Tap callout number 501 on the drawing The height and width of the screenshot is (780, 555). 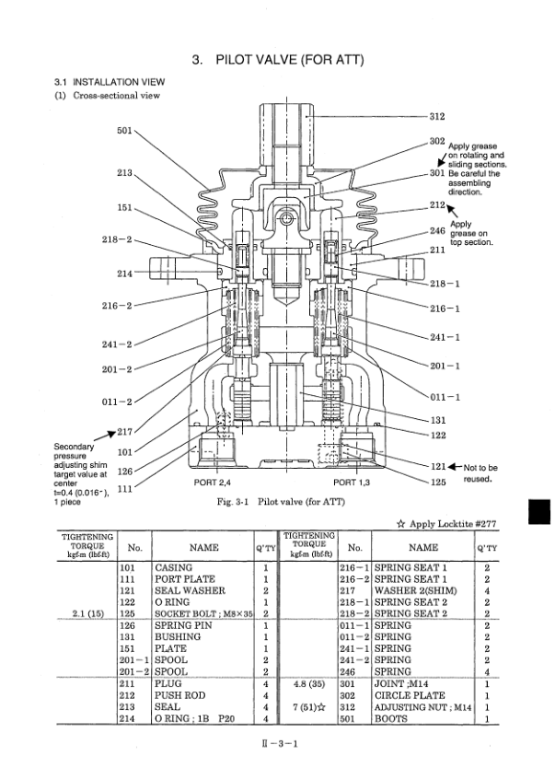click(126, 129)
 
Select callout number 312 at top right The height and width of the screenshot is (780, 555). click(437, 116)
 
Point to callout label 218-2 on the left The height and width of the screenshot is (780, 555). click(116, 240)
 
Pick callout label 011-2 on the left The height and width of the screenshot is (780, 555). click(117, 402)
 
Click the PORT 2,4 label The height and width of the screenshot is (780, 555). click(217, 482)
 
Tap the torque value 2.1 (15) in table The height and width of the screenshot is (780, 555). click(86, 612)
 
